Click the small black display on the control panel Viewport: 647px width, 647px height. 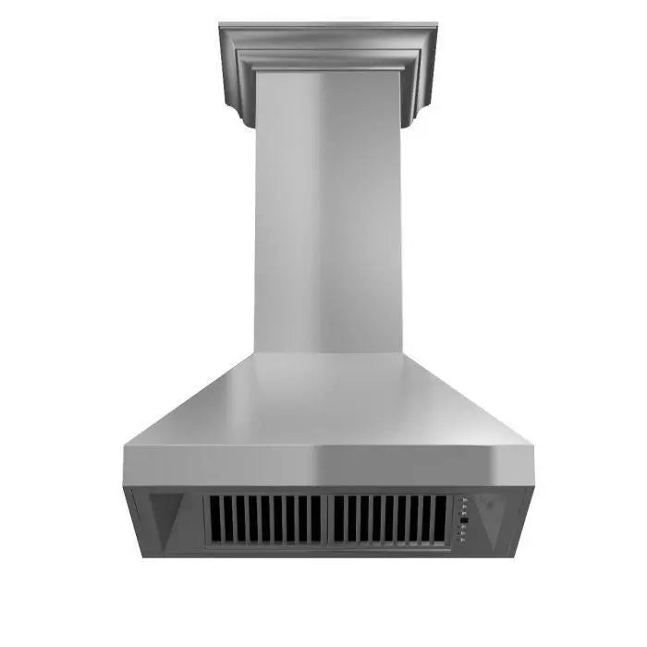pyautogui.click(x=464, y=520)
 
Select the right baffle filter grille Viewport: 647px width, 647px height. pyautogui.click(x=388, y=519)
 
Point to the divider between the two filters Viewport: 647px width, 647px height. pyautogui.click(x=327, y=519)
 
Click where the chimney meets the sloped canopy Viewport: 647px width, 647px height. pyautogui.click(x=328, y=352)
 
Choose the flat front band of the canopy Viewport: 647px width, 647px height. pyautogui.click(x=328, y=467)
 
